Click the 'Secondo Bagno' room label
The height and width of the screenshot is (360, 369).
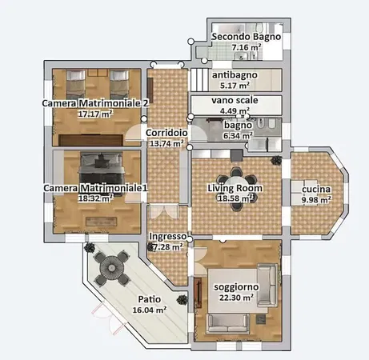pyautogui.click(x=247, y=37)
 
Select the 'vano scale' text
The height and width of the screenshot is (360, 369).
pyautogui.click(x=235, y=100)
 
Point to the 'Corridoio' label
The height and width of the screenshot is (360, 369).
pyautogui.click(x=166, y=133)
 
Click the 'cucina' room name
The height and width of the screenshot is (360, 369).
pyautogui.click(x=315, y=189)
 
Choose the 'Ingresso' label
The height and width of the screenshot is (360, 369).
pyautogui.click(x=168, y=237)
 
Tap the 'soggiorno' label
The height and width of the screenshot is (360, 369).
pyautogui.click(x=234, y=286)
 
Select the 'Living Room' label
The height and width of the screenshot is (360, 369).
pyautogui.click(x=234, y=187)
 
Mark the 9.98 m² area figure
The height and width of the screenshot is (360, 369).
pyautogui.click(x=315, y=200)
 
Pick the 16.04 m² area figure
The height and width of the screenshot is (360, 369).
pyautogui.click(x=149, y=309)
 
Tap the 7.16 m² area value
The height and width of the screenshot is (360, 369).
pyautogui.click(x=247, y=48)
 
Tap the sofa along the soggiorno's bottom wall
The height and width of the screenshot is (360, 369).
pyautogui.click(x=233, y=322)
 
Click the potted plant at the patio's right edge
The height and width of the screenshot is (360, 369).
pyautogui.click(x=182, y=300)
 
